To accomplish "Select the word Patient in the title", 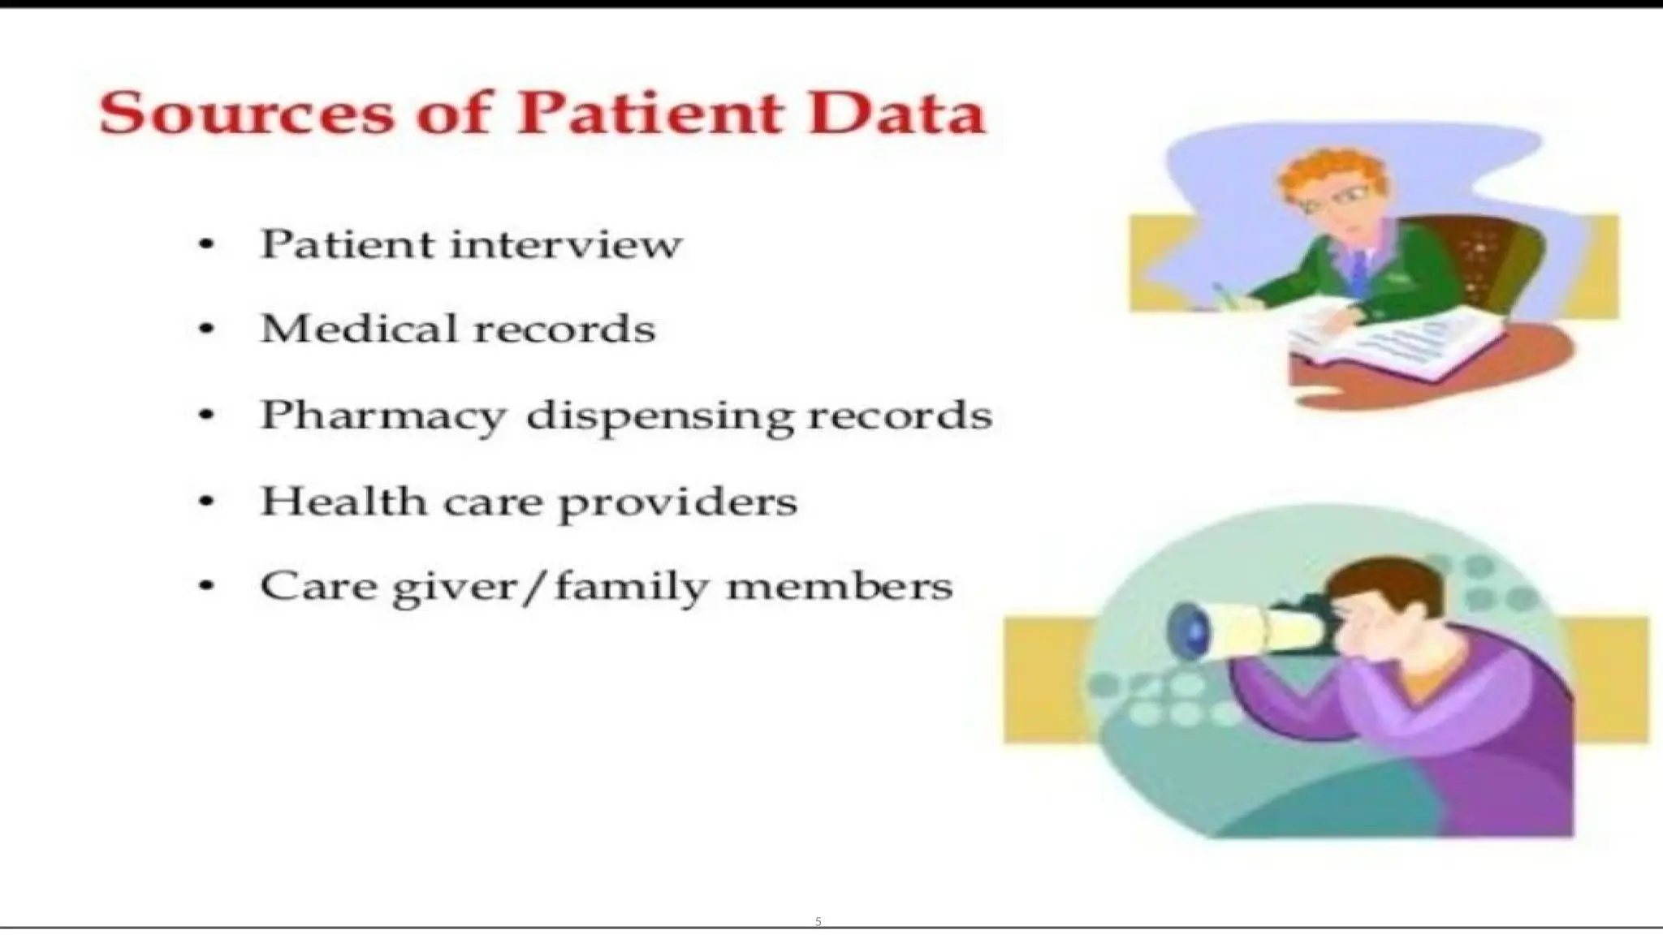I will [650, 113].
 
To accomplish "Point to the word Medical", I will [358, 329].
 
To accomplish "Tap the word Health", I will [343, 501].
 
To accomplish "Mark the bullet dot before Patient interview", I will [207, 244].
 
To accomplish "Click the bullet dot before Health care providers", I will [207, 502].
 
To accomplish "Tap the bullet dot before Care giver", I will [207, 586].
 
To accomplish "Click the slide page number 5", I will [818, 921].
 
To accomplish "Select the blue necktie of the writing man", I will [1358, 272].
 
